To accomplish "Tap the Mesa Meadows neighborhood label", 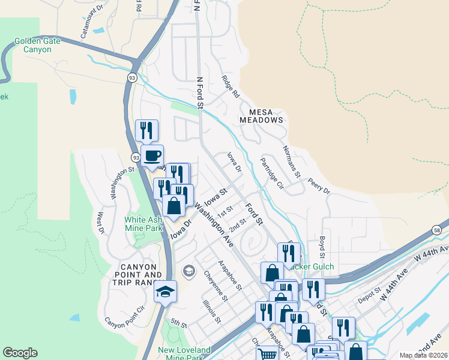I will (261, 115).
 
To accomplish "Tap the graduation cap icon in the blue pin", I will (165, 292).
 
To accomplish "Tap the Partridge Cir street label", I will (271, 173).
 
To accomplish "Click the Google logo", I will (20, 353).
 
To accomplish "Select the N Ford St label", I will (200, 93).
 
